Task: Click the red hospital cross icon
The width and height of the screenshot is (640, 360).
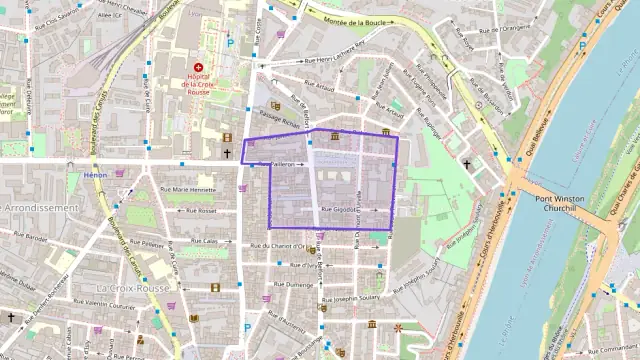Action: point(198,67)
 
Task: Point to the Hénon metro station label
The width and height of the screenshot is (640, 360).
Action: point(96,175)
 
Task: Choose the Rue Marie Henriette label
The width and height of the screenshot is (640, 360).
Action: point(188,189)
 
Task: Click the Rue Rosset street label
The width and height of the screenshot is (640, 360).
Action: point(199,211)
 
